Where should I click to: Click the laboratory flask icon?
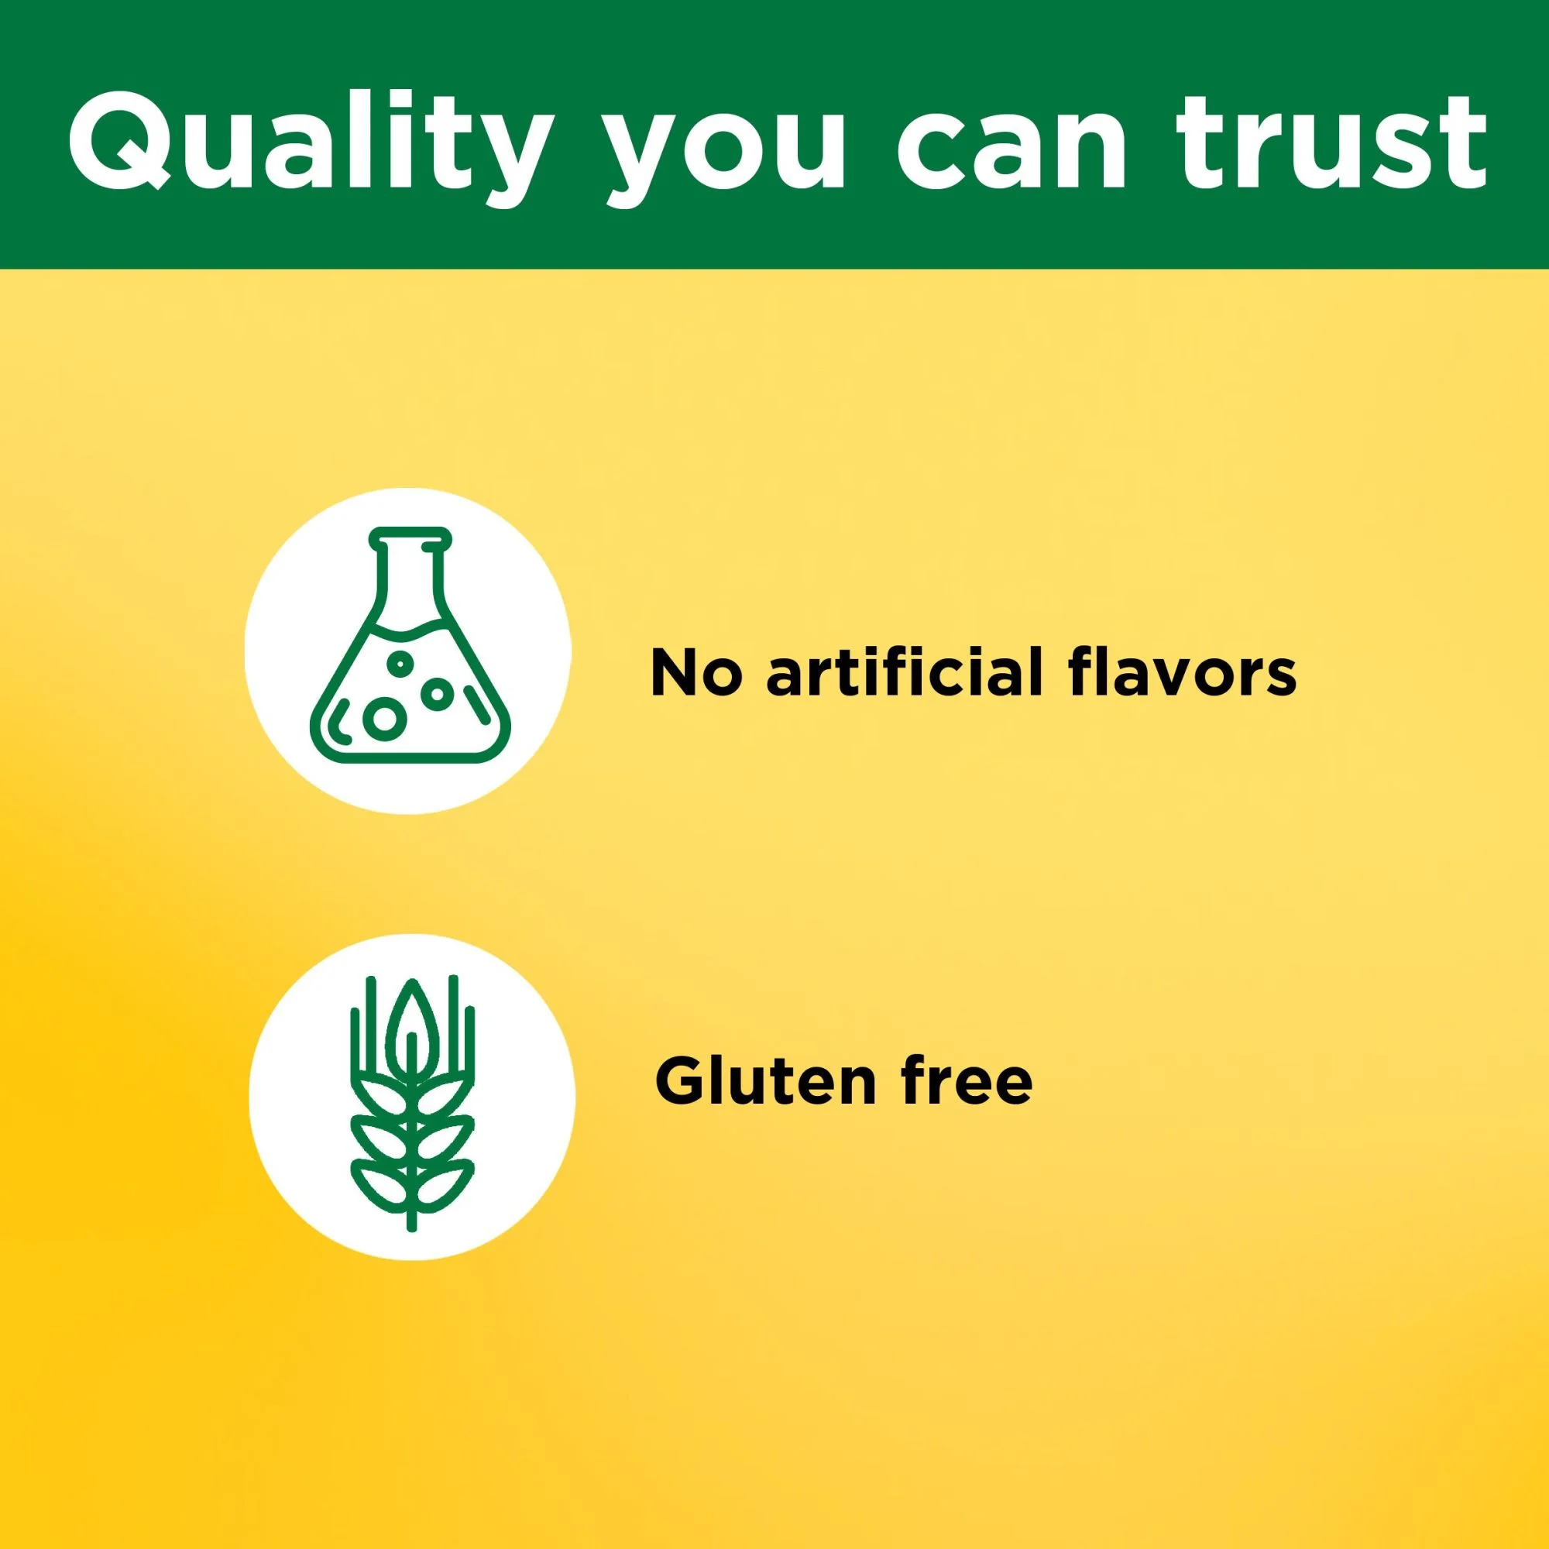(410, 644)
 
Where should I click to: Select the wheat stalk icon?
(412, 1097)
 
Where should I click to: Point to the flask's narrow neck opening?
(410, 534)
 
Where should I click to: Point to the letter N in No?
(675, 673)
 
